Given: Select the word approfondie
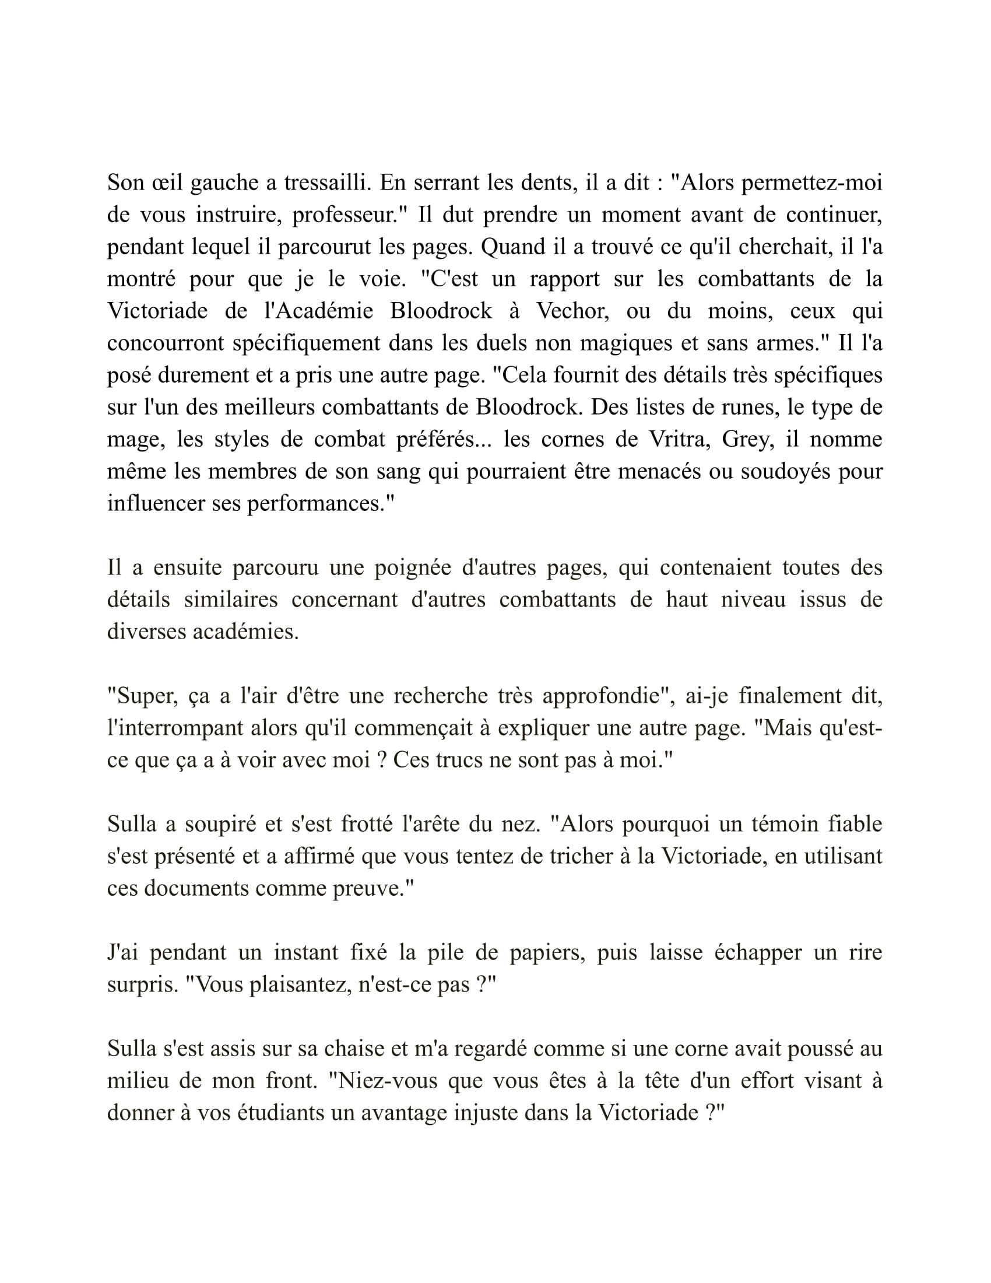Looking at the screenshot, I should click(x=605, y=696).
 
